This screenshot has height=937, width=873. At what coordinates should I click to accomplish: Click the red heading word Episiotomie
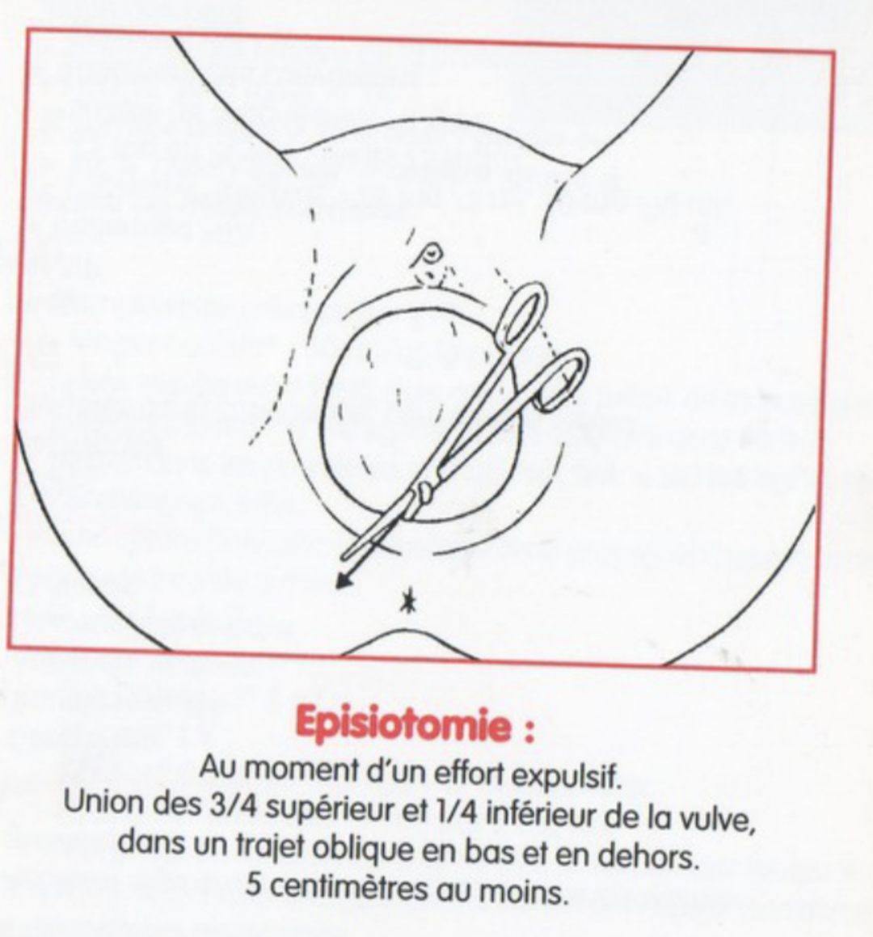tap(404, 724)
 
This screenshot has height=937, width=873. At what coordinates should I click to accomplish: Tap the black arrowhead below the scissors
tap(343, 580)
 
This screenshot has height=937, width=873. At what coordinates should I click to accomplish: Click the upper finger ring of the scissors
tap(524, 314)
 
